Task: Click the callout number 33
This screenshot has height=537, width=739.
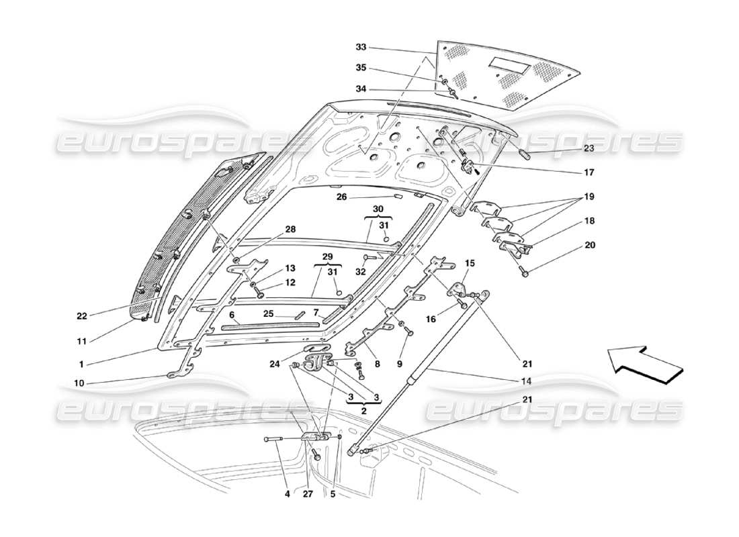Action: click(x=361, y=48)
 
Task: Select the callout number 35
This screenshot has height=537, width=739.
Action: click(x=361, y=68)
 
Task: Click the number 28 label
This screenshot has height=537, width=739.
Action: click(x=290, y=230)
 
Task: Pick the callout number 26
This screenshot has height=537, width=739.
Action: click(x=341, y=197)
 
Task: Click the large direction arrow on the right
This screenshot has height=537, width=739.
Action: click(x=644, y=366)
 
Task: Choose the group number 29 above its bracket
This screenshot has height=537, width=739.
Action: click(x=327, y=258)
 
